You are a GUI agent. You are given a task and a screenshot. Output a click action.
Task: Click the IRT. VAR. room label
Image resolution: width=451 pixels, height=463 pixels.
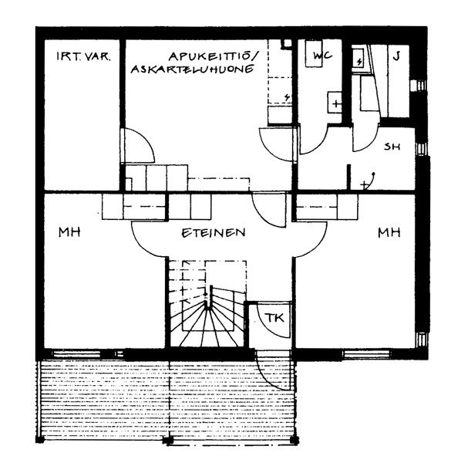pyautogui.click(x=83, y=56)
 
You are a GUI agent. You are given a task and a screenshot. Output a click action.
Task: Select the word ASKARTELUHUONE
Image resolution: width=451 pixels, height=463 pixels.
pyautogui.click(x=192, y=69)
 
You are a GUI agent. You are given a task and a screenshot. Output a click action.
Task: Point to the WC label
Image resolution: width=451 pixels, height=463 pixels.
pyautogui.click(x=322, y=56)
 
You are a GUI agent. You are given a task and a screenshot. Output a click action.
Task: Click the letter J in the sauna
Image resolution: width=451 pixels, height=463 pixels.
pyautogui.click(x=397, y=56)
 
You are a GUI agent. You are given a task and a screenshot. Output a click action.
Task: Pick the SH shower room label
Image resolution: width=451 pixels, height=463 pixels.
pyautogui.click(x=392, y=146)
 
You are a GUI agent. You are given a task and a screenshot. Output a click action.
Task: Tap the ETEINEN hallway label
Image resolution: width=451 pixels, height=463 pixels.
pyautogui.click(x=214, y=233)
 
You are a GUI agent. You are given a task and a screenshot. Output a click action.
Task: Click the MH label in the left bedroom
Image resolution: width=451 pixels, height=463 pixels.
pyautogui.click(x=69, y=231)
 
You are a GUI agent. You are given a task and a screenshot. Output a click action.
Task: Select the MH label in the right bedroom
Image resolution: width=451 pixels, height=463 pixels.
pyautogui.click(x=389, y=233)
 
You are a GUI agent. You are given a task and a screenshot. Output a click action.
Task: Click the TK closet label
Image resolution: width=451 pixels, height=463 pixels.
pyautogui.click(x=274, y=318)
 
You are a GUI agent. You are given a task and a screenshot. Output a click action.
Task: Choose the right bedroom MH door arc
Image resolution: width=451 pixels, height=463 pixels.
pyautogui.click(x=317, y=245)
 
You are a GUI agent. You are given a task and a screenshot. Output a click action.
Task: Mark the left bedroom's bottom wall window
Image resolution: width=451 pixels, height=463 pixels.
pyautogui.click(x=77, y=353)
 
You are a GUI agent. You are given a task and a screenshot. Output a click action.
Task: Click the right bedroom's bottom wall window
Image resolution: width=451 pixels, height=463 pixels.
pyautogui.click(x=367, y=353)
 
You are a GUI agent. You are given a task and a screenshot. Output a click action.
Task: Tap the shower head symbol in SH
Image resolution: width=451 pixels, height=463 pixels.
pyautogui.click(x=369, y=181)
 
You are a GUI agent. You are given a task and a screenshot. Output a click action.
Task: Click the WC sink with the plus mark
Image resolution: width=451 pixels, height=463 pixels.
pyautogui.click(x=335, y=102)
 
